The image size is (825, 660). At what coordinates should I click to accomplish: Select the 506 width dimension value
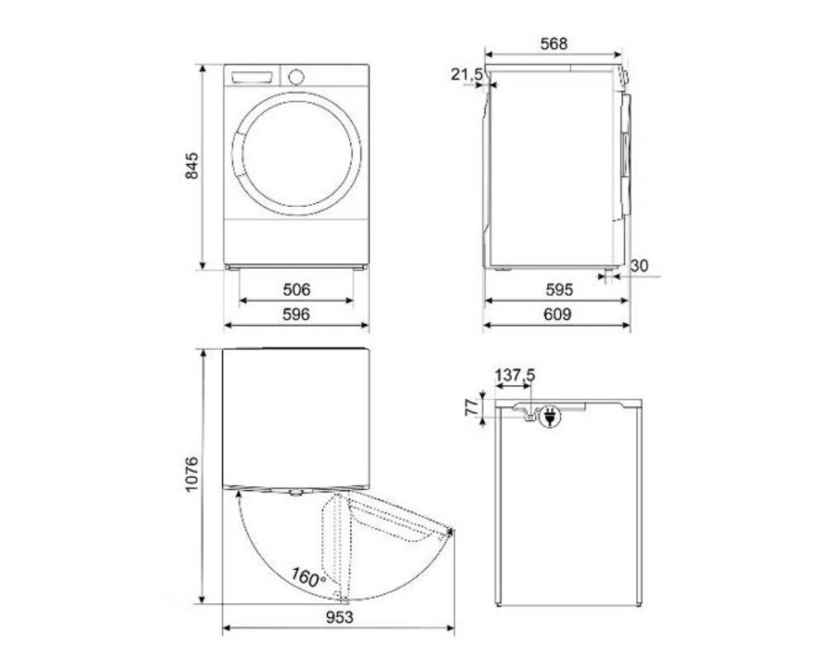point(296,290)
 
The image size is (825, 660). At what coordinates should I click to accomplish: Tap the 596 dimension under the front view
point(296,314)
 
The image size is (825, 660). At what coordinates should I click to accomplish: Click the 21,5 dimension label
point(467,75)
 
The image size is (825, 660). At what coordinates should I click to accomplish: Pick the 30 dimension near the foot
point(638,266)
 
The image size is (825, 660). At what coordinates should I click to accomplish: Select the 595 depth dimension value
point(559,290)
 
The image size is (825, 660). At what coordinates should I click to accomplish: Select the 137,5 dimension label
point(514,375)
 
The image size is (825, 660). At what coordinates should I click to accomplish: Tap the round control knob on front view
point(296,75)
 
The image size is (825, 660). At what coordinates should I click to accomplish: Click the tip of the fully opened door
point(452,533)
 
